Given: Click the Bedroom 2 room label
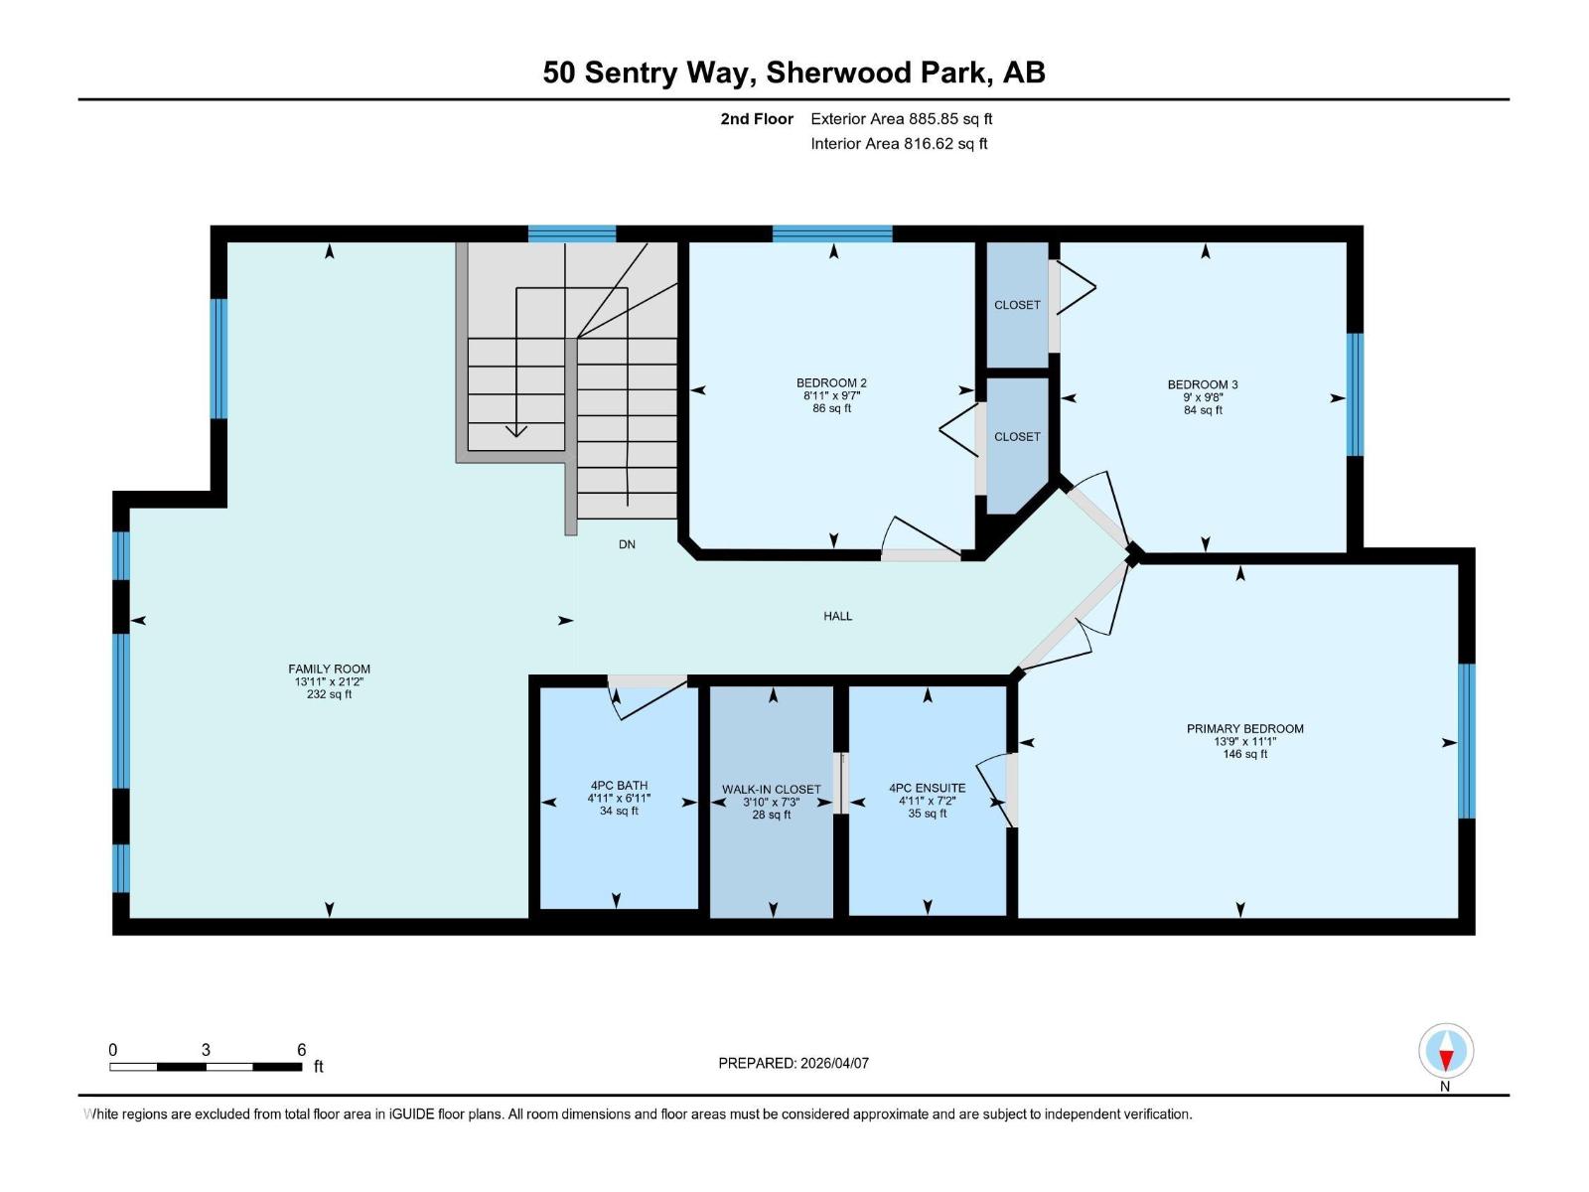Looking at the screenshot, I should coord(831,382).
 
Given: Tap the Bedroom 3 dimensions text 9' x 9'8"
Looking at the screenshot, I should coord(1202,397).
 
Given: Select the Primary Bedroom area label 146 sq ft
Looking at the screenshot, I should coord(1244,754).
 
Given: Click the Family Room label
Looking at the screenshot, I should coord(329,669).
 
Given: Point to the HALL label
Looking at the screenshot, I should coord(837,616).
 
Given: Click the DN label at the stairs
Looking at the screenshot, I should coord(627,544).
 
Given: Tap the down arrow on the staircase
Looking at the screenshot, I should coord(515,429).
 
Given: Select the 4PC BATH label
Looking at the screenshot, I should coord(618,785).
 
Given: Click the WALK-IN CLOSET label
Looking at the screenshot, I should coord(771,790).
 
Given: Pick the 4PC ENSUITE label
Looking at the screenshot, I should coord(927,788).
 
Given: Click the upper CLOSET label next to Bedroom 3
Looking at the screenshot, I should coord(1017,305).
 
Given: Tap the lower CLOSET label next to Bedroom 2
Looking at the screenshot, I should coord(1017,436).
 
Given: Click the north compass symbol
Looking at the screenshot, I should coord(1446,1052).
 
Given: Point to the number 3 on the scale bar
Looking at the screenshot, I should coord(206,1049).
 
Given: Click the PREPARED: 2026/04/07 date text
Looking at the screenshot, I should coord(794,1063).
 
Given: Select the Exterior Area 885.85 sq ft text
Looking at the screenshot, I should coord(901,118).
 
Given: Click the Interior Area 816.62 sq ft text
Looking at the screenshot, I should coord(899,143).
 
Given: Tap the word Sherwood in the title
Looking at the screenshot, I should coord(838,72).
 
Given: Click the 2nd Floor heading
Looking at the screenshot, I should coord(757,118).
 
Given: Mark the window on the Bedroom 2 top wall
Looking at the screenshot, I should coord(832,234).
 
